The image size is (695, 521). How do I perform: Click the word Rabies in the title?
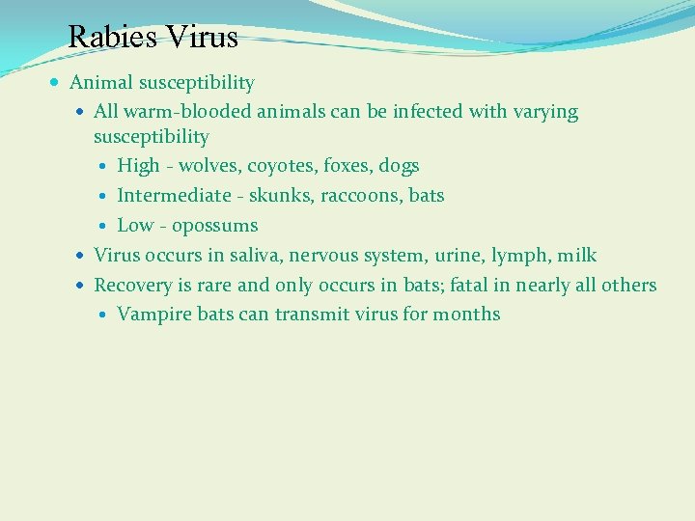112,38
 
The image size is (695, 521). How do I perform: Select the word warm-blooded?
176,112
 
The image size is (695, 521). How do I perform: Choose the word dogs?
399,166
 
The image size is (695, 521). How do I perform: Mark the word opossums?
214,227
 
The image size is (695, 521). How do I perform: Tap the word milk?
577,256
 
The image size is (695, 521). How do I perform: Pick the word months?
466,315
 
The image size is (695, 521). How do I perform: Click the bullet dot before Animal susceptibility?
59,83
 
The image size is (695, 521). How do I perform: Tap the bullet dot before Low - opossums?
105,226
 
